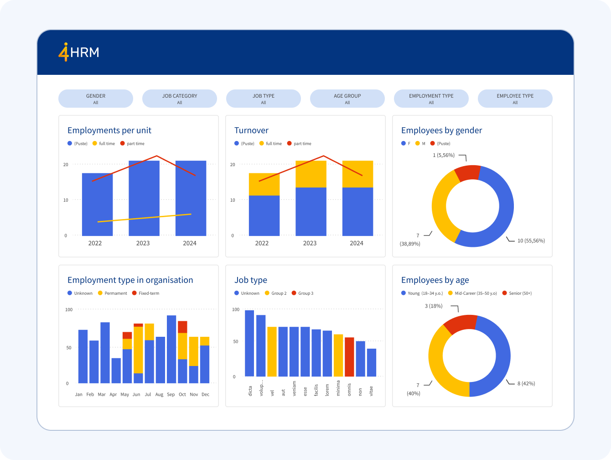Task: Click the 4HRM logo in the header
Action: [79, 52]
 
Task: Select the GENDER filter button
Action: [96, 99]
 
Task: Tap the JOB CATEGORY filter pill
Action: [180, 99]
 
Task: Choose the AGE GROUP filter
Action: [347, 99]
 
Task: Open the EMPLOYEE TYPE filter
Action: [515, 99]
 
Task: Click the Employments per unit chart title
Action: [109, 131]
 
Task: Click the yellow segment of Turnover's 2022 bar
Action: [264, 184]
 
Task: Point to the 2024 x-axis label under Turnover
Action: [357, 243]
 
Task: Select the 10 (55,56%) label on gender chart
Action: [531, 240]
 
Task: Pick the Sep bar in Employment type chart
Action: [171, 349]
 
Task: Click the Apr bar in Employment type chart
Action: [116, 371]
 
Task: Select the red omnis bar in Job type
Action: [349, 357]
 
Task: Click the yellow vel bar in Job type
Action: [272, 351]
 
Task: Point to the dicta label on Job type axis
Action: [250, 391]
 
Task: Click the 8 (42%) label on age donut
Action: [526, 383]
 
